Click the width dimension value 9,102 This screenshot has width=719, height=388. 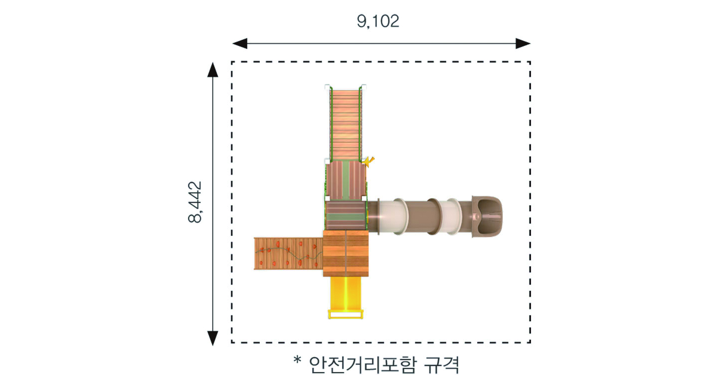pyautogui.click(x=378, y=21)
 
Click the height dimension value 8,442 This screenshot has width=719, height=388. pyautogui.click(x=195, y=202)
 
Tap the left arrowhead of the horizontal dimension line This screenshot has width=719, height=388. pyautogui.click(x=240, y=43)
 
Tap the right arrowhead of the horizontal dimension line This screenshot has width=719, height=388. pyautogui.click(x=523, y=43)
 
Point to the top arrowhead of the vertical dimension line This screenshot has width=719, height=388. pyautogui.click(x=212, y=70)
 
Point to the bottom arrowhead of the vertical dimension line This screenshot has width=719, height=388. pyautogui.click(x=212, y=338)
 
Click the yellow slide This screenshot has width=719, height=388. pyautogui.click(x=346, y=297)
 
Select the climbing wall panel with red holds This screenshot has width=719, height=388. pyautogui.click(x=289, y=253)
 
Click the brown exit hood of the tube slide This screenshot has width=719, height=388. pyautogui.click(x=487, y=216)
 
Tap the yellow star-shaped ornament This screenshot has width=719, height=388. pyautogui.click(x=369, y=162)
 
